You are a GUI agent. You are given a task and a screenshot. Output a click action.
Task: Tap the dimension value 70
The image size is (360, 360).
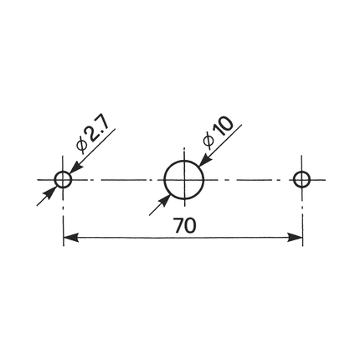184,226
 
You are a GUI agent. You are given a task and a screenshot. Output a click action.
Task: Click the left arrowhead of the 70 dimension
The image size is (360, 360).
71,238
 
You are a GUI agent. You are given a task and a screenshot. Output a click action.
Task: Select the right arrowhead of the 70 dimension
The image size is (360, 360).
295,238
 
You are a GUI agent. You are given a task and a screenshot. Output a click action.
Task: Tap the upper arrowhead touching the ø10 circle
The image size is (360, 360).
206,160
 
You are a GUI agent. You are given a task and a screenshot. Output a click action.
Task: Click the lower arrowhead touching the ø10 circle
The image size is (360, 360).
164,200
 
